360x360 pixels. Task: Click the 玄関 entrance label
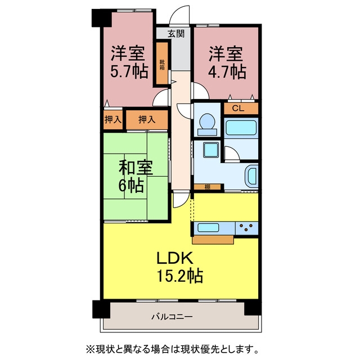tap(175, 34)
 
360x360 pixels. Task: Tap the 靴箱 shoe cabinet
tap(163, 63)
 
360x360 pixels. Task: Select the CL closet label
tap(238, 108)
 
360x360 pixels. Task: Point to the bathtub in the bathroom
tap(241, 128)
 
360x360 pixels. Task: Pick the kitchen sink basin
tap(208, 227)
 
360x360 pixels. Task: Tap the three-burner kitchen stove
tap(246, 228)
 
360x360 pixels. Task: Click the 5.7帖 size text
tap(129, 71)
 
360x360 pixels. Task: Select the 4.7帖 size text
tap(227, 71)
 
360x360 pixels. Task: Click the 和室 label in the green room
tap(136, 168)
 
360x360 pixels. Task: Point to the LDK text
tap(174, 258)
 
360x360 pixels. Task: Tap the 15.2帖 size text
tap(179, 276)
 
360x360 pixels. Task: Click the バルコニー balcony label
tap(172, 317)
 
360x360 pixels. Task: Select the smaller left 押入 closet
tap(112, 119)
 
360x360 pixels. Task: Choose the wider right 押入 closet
tap(147, 119)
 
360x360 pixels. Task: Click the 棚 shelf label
tap(208, 187)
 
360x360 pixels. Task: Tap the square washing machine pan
tap(210, 150)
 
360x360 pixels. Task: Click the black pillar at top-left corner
tap(101, 18)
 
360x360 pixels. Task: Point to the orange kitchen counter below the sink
tap(213, 240)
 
